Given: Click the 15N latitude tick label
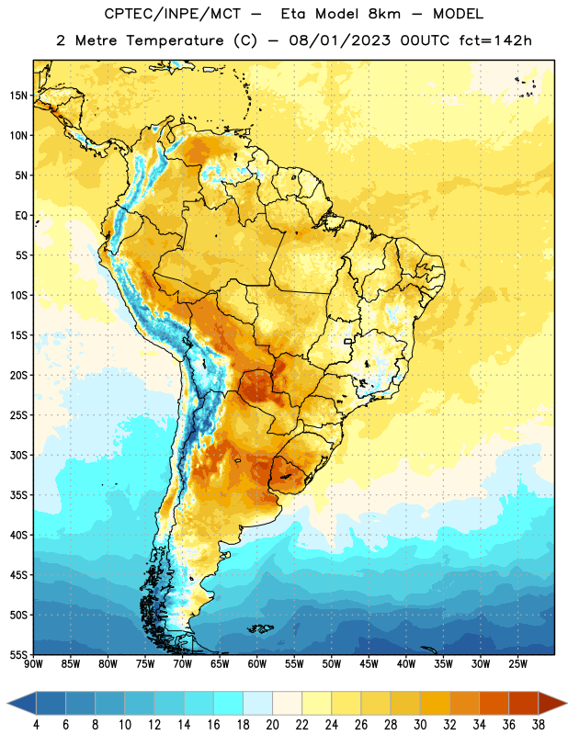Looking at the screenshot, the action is point(18,96).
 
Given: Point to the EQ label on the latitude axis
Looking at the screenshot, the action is point(21,216).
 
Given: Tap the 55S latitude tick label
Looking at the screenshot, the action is point(18,654).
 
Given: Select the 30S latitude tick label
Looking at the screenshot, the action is point(18,455).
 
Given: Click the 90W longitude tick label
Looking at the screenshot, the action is point(33,664).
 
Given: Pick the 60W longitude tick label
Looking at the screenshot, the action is point(257,664).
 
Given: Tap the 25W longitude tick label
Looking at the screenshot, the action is point(517,664).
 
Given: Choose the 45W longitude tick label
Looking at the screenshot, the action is point(369,664).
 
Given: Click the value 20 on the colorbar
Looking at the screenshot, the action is point(272,725).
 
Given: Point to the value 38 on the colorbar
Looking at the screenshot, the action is point(539,725).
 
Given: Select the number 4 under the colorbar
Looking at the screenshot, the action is point(36,725).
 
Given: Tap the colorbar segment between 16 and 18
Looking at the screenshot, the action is point(228,703).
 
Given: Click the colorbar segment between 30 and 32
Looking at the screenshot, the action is point(435,703).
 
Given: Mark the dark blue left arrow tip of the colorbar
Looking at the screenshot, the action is point(8,703).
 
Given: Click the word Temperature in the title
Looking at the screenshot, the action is point(175,40).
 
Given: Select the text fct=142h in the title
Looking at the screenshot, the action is point(495,40).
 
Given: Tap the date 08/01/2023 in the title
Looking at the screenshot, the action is point(339,40).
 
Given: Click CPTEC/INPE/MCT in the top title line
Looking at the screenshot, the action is point(173,14).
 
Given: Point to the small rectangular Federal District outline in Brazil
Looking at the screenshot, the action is point(348,341).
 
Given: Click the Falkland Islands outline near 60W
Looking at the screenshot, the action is point(260,628).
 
